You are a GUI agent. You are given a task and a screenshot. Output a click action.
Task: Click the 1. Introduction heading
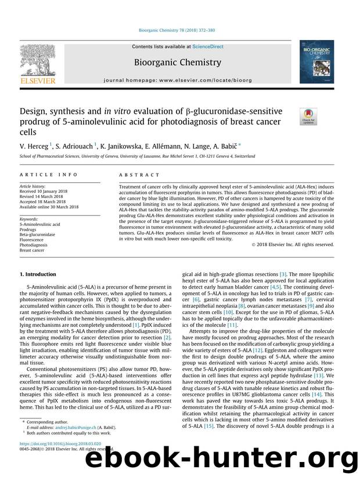coord(38,274)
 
